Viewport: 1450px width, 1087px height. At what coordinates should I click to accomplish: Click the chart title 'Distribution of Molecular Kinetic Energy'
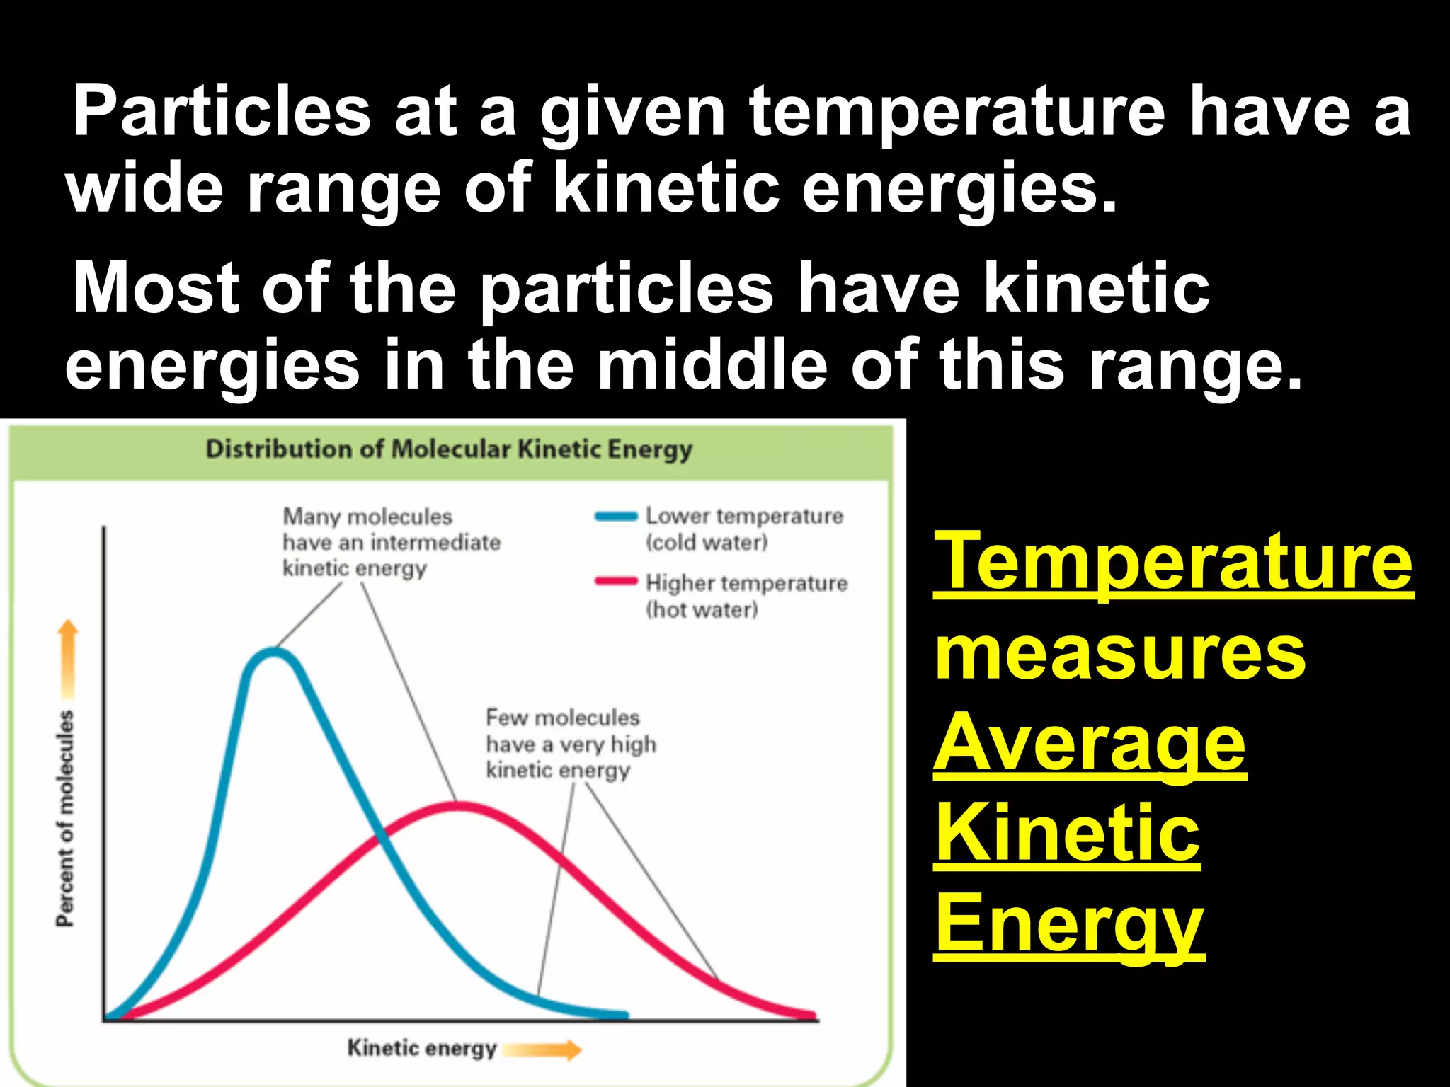[x=449, y=449]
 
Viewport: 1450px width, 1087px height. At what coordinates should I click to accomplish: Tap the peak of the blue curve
[x=273, y=652]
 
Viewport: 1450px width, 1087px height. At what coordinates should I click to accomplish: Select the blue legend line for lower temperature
[x=615, y=517]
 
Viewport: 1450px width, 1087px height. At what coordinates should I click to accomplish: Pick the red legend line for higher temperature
[x=615, y=582]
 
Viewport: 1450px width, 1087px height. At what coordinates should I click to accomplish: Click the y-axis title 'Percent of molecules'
[x=65, y=818]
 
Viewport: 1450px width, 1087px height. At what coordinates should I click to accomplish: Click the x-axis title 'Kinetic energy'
[x=421, y=1047]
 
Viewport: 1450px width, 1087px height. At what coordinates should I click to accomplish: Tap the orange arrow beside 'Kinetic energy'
[x=542, y=1050]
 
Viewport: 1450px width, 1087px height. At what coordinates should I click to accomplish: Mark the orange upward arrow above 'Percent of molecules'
[x=68, y=658]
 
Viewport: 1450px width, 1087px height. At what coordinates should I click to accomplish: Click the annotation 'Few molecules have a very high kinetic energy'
[x=570, y=744]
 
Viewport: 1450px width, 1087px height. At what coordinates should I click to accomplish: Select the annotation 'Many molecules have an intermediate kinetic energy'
[x=391, y=542]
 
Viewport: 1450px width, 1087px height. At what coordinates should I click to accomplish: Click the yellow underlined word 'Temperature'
[x=1173, y=563]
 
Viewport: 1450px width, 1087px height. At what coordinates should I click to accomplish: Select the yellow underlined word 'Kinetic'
[x=1067, y=834]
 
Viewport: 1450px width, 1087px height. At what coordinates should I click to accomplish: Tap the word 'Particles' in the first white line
[x=222, y=111]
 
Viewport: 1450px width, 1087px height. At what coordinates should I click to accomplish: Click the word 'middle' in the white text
[x=712, y=364]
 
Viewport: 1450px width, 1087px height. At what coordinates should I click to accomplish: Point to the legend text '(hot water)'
[x=702, y=609]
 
